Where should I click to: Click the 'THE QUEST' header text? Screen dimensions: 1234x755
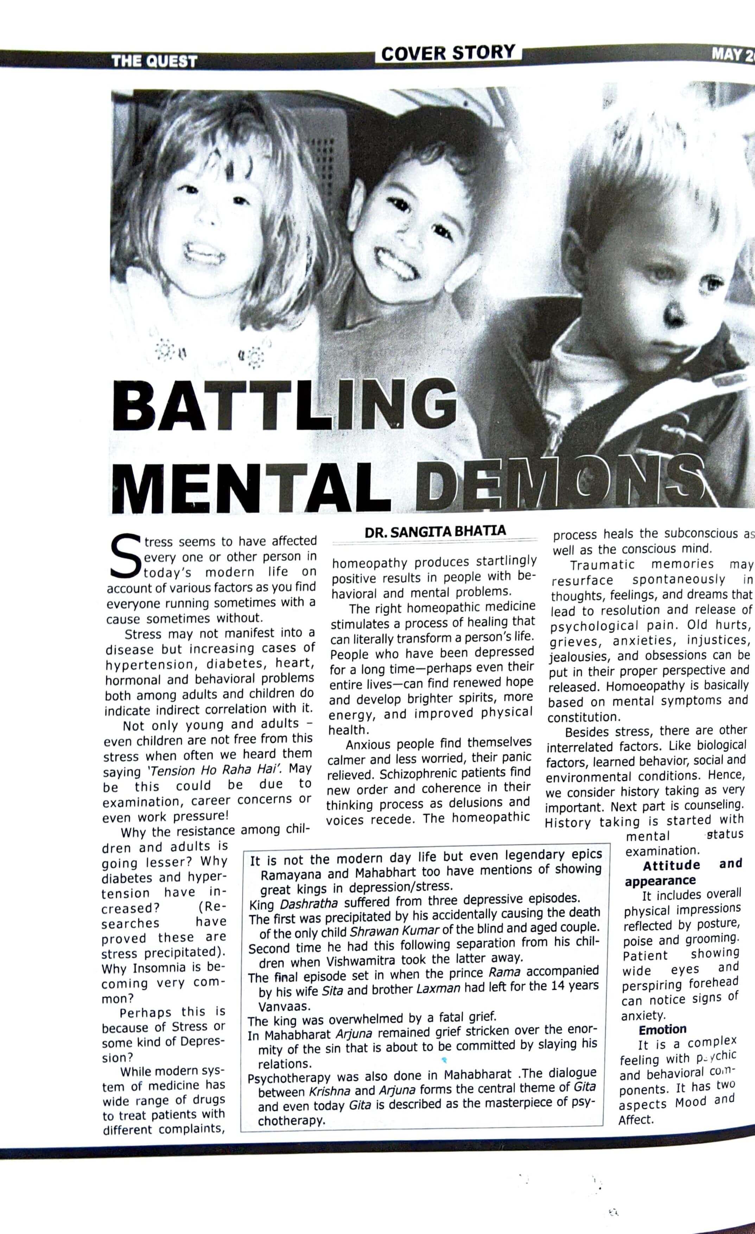tap(154, 61)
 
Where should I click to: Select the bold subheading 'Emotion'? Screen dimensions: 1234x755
tap(662, 1030)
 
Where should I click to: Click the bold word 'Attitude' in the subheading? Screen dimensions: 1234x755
tap(671, 865)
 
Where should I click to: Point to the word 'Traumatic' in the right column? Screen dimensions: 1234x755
tap(603, 565)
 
